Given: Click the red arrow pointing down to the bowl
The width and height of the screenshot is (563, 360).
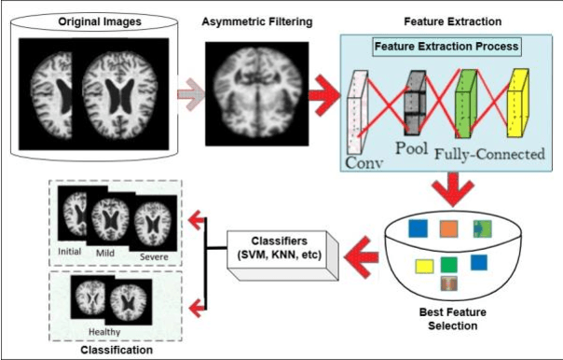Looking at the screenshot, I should point(451,191).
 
